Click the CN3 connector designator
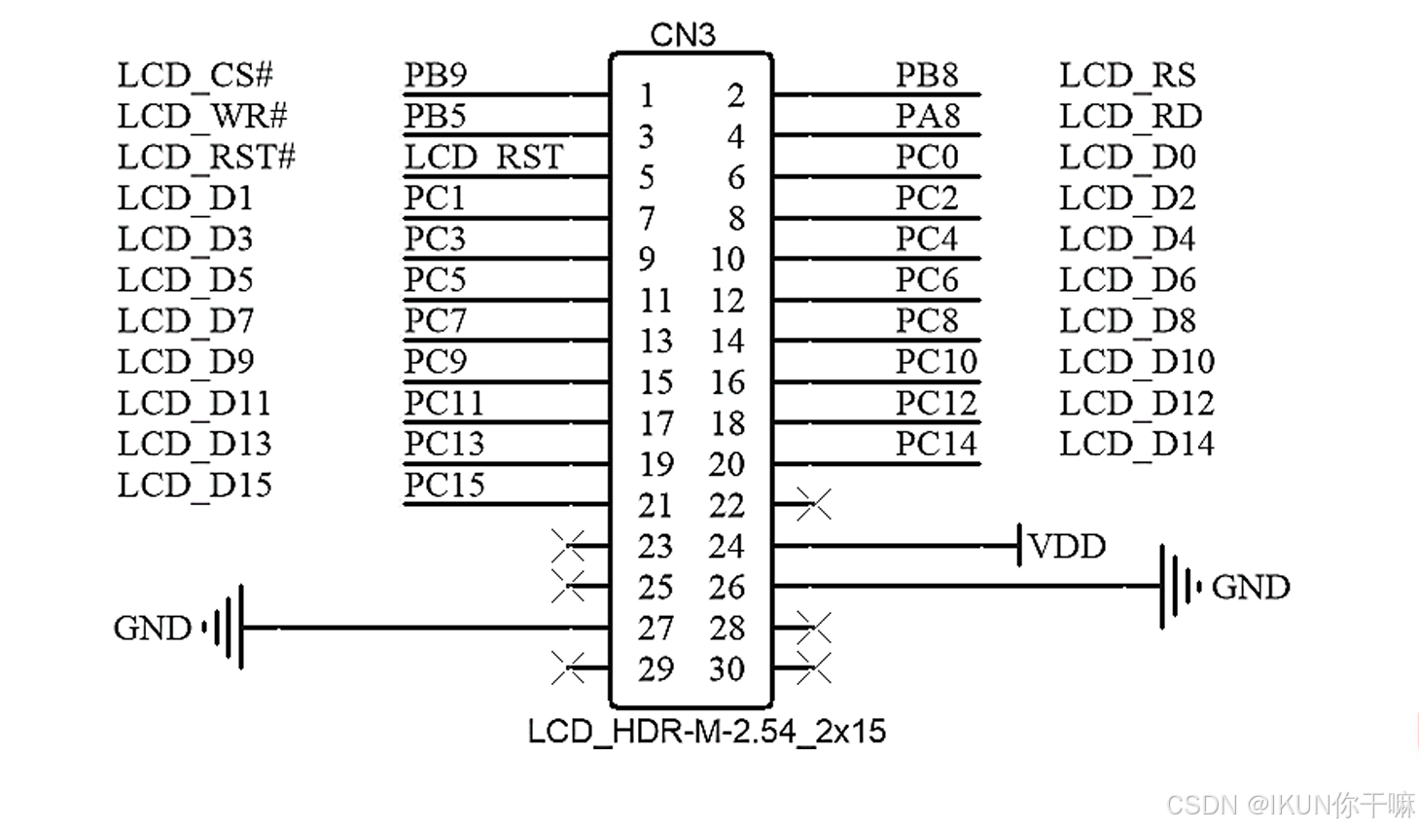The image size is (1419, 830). click(x=682, y=35)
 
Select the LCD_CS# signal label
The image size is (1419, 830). click(x=195, y=75)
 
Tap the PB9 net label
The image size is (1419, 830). click(x=435, y=75)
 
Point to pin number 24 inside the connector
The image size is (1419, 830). click(x=726, y=547)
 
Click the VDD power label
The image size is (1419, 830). click(x=1067, y=547)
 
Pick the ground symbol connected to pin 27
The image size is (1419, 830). click(x=226, y=628)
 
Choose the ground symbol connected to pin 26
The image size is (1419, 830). click(x=1177, y=587)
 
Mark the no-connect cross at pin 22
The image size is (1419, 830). click(x=813, y=505)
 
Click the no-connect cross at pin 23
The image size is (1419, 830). click(x=568, y=546)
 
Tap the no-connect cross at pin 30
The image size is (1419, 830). click(x=813, y=668)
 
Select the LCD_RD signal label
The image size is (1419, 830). click(x=1130, y=117)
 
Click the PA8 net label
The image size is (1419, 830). click(x=927, y=117)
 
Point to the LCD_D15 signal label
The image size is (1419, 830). click(x=195, y=485)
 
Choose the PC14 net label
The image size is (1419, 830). click(x=936, y=444)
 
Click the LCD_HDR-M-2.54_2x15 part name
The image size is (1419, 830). click(x=706, y=732)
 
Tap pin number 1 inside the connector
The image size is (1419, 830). click(x=647, y=95)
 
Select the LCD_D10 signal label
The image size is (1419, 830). click(x=1136, y=362)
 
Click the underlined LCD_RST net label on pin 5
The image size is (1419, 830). click(x=483, y=158)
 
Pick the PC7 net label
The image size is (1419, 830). click(x=435, y=321)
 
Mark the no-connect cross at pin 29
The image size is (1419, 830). click(x=568, y=668)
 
